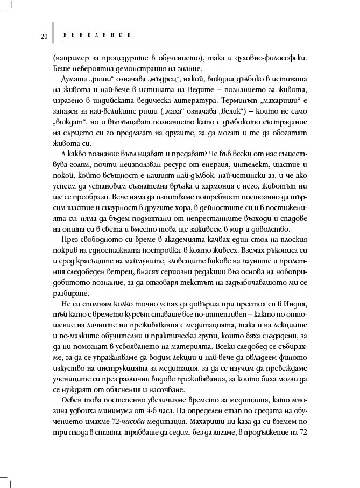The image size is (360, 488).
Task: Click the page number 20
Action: tap(44, 36)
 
